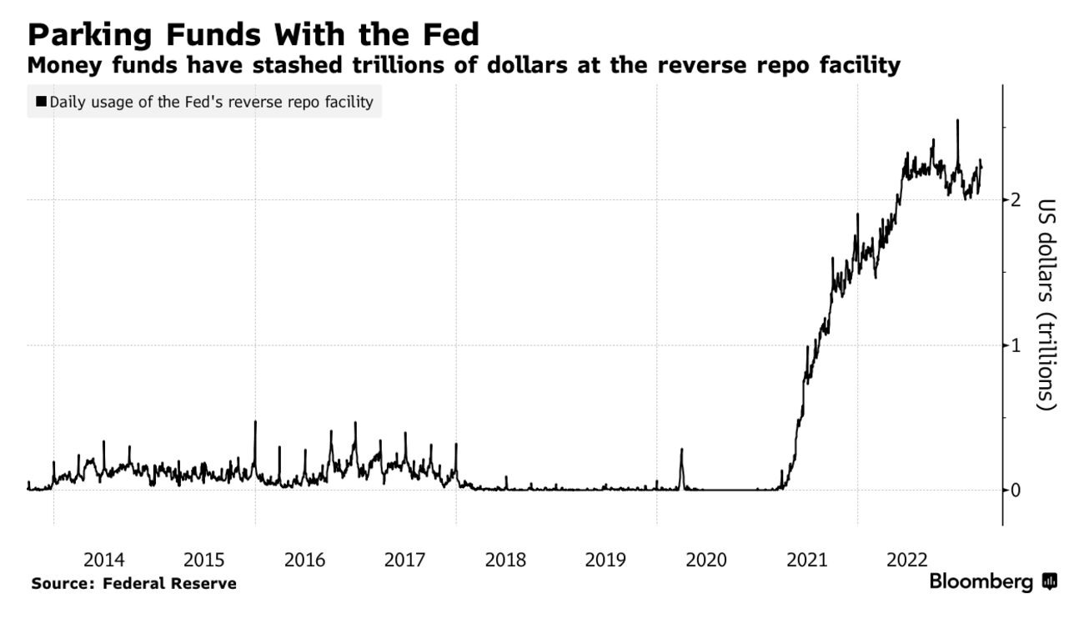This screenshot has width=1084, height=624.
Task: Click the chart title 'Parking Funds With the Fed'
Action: [x=253, y=35]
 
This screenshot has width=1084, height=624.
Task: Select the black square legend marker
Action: [x=40, y=103]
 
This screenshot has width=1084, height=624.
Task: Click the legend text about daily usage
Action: [x=211, y=103]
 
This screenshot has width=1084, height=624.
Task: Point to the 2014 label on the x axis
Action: [x=104, y=559]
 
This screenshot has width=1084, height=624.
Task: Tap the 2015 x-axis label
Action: [x=204, y=559]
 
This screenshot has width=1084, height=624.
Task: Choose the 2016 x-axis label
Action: [x=304, y=559]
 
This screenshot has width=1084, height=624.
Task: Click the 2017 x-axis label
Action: [x=405, y=559]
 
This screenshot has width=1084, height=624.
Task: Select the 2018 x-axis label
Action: [x=505, y=559]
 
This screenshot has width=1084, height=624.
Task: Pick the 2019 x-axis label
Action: [x=606, y=559]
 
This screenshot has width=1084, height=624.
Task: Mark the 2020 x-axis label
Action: [x=706, y=559]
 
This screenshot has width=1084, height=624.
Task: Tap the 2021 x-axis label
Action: [x=807, y=559]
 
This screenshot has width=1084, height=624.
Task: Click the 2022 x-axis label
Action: [x=907, y=559]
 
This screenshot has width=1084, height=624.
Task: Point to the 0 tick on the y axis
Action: [x=1016, y=490]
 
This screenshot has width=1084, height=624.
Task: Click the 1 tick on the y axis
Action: [x=1016, y=345]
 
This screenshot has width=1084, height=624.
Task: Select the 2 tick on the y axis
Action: [x=1016, y=199]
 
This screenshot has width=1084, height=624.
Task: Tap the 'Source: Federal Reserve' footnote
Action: [x=133, y=584]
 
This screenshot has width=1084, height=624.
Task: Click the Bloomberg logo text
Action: [x=981, y=581]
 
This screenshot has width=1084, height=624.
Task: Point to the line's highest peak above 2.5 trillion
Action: [x=957, y=121]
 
